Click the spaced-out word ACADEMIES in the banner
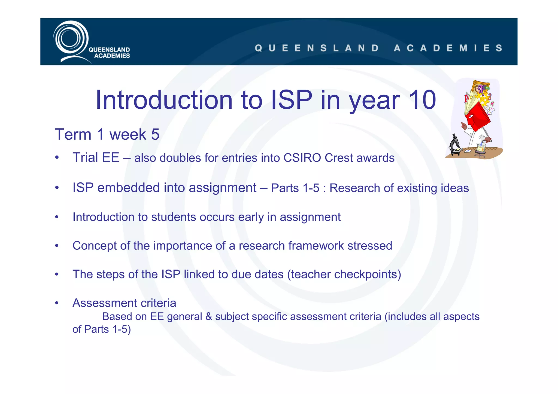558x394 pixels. [x=448, y=48]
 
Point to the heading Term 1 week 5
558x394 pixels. [x=107, y=135]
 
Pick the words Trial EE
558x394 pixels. [x=96, y=158]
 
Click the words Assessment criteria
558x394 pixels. [x=124, y=303]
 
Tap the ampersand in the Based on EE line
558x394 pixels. [x=209, y=317]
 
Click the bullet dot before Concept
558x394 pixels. [x=57, y=246]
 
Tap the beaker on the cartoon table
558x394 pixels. [x=481, y=147]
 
